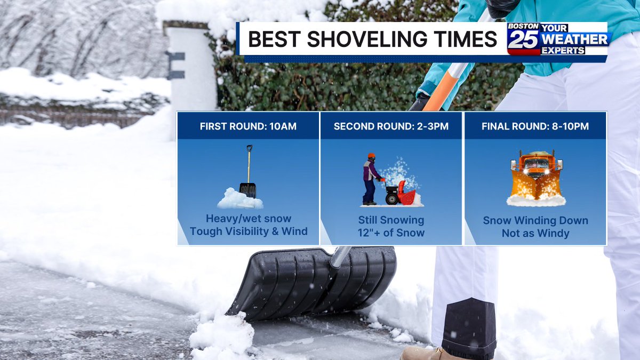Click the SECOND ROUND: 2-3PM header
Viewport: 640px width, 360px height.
[x=391, y=126]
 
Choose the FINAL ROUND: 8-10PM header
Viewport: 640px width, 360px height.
[x=535, y=126]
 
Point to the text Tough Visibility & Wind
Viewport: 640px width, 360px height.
[x=249, y=231]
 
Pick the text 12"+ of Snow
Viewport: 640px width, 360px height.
[x=391, y=233]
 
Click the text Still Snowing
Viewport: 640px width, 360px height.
[x=391, y=220]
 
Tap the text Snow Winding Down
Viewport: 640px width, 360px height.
[x=535, y=220]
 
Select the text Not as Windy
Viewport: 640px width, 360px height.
[x=535, y=233]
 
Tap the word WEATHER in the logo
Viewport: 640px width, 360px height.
[x=574, y=39]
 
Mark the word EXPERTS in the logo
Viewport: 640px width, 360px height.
[x=563, y=51]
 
